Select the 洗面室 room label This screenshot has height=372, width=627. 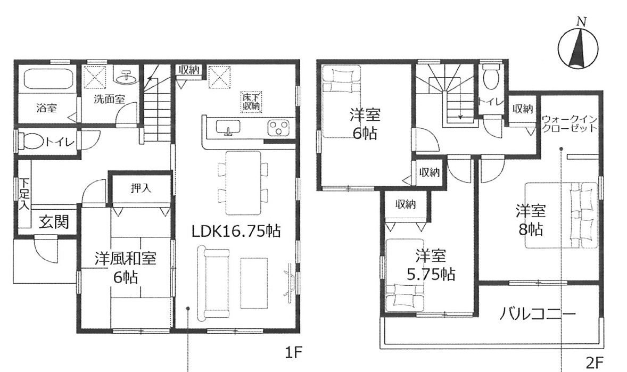110,99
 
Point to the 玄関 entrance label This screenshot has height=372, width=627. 54,221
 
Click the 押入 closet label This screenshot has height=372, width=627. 141,188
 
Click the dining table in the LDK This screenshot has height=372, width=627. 243,183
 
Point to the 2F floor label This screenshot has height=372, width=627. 594,363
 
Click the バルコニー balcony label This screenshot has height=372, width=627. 538,314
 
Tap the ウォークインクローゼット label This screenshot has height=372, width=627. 570,123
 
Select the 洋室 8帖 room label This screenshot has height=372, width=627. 531,220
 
